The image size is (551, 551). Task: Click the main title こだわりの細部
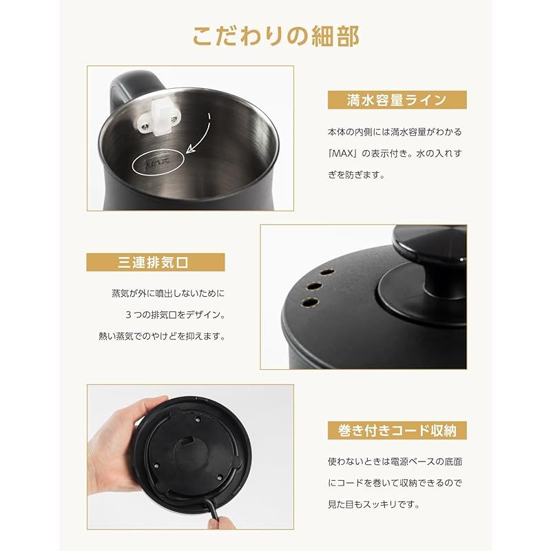pos(276,37)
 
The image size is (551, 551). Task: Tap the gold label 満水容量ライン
pos(397,100)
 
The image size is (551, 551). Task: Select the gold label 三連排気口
pos(156,262)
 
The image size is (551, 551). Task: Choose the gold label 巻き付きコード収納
pos(397,430)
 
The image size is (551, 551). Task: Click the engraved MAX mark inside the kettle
pos(158,162)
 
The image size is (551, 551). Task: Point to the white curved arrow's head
pos(191,149)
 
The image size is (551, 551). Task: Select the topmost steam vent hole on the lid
pos(327,272)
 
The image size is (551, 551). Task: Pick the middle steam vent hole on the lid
pos(314,286)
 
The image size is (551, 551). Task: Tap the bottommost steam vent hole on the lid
pos(311,302)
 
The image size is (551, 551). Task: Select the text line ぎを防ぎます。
pos(356,175)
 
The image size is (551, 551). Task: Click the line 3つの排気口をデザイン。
pos(176,315)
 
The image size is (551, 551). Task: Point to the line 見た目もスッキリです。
pos(374,504)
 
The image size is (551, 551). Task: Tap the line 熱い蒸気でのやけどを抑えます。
pos(162,336)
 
